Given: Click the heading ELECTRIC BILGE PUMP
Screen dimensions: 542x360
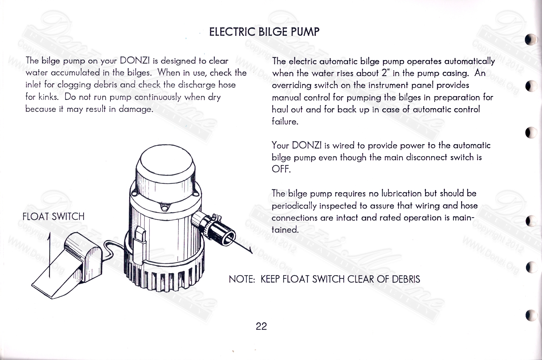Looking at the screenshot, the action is point(264,32).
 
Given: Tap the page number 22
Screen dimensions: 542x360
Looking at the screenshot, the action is point(261,326).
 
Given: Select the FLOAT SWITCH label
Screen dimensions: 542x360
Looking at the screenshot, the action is point(53,217).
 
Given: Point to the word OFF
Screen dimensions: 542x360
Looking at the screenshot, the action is point(281,169).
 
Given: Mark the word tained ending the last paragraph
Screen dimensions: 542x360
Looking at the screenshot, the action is point(285,230).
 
